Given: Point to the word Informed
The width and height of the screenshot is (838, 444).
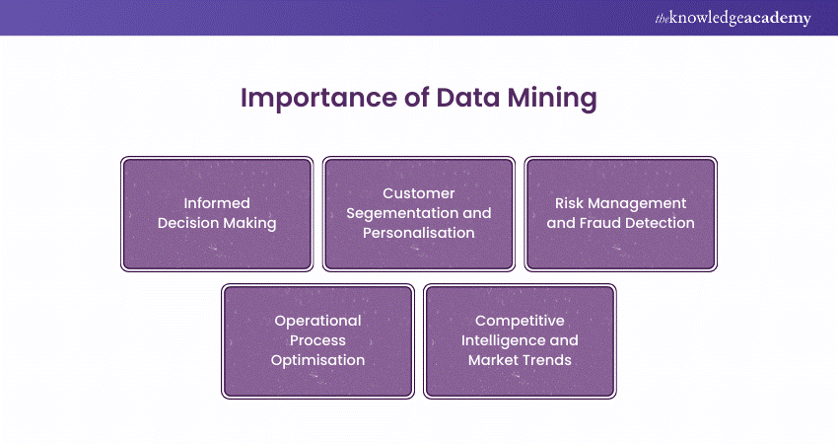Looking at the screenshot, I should coord(217,203).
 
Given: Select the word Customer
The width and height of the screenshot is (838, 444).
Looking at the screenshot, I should coord(419,193).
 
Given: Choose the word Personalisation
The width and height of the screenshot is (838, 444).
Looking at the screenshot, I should coord(419,233).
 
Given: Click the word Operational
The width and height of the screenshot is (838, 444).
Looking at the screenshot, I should coord(317,321).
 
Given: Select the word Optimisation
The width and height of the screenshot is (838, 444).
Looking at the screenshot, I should coord(317,360).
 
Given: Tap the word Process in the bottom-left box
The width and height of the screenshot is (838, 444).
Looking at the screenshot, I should coord(317,340).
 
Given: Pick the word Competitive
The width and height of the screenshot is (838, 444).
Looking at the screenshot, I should coord(520,321).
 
